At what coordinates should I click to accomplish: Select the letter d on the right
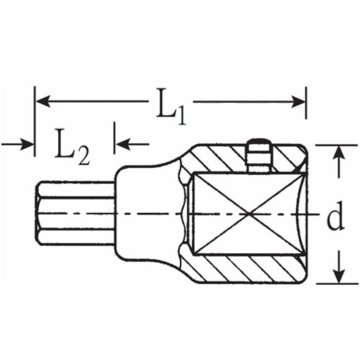pos(333,217)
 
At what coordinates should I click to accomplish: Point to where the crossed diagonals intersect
pos(247,215)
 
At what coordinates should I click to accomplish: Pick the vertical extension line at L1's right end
pos(307,115)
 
